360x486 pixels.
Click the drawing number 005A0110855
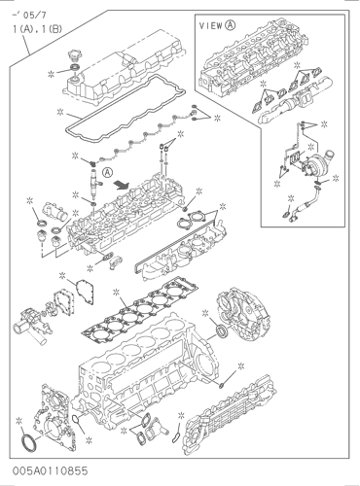point(51,470)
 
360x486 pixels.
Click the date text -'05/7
point(29,15)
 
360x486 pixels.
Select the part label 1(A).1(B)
point(37,29)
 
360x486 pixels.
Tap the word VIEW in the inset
point(211,26)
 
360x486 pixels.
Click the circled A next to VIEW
point(231,25)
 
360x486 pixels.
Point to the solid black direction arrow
point(121,185)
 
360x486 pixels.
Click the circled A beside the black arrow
point(108,172)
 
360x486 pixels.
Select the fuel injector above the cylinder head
point(94,183)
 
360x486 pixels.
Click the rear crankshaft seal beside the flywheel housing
point(223,331)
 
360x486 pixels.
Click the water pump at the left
point(32,323)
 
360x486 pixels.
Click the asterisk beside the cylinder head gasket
point(116,293)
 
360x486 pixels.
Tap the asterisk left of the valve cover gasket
point(60,112)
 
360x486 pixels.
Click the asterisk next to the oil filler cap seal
point(51,74)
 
